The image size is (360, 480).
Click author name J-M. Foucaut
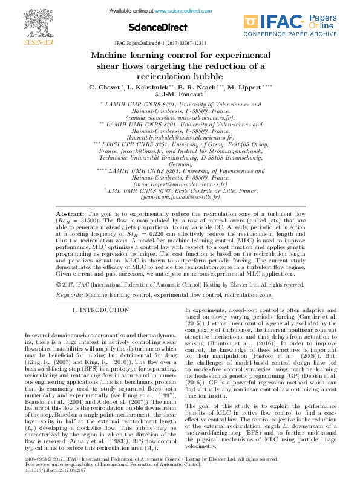point(183,95)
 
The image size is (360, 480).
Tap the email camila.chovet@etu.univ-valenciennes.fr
point(180,118)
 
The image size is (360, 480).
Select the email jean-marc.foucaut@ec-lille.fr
point(180,196)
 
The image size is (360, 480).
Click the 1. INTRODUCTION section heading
point(100,310)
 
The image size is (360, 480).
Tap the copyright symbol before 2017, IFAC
point(58,284)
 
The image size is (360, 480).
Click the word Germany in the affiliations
point(180,164)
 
